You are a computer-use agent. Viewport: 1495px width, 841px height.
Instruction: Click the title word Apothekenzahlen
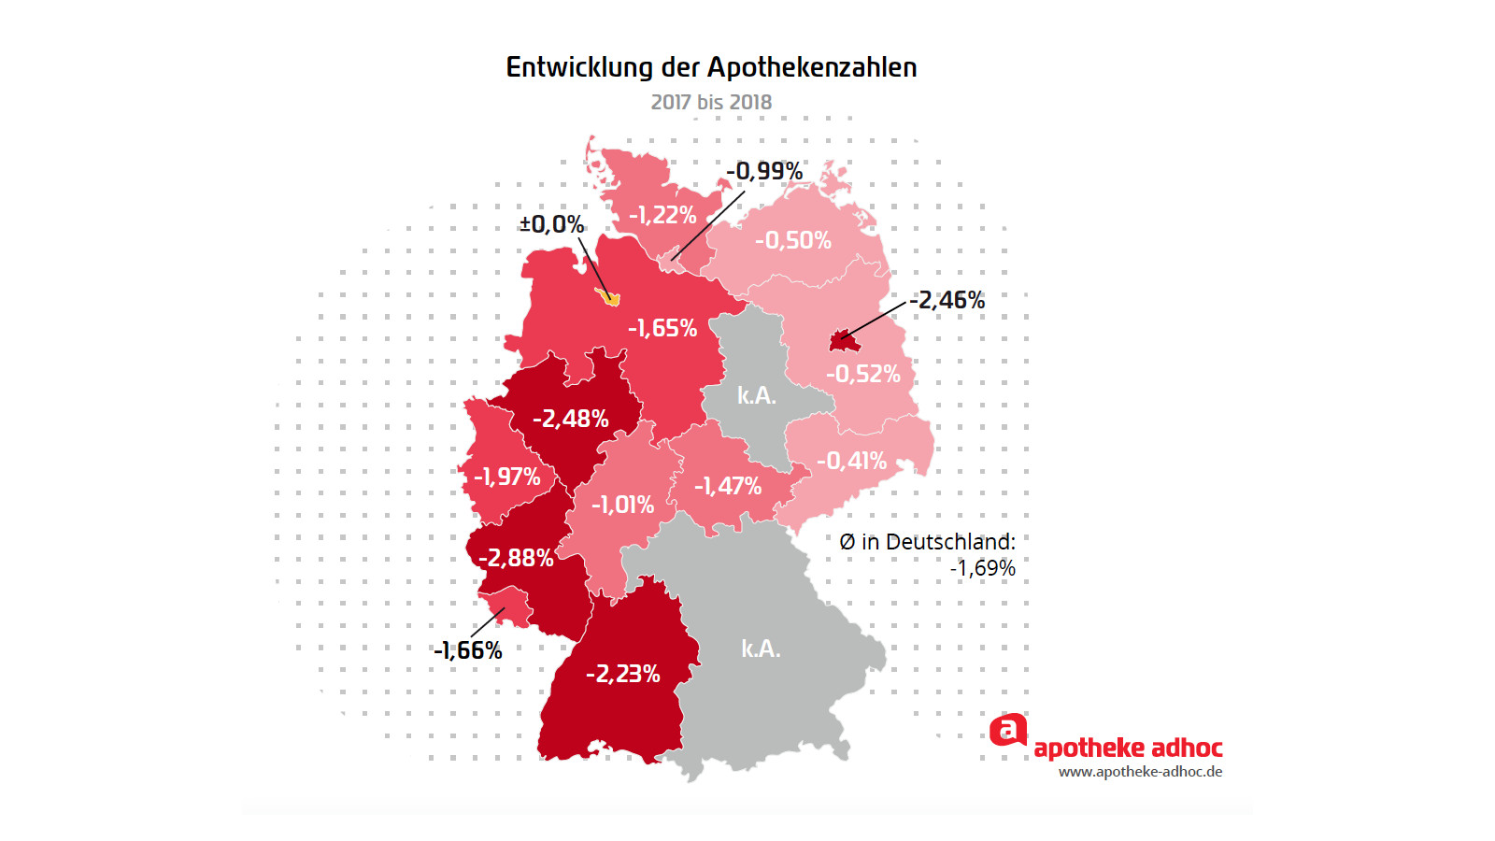click(x=811, y=67)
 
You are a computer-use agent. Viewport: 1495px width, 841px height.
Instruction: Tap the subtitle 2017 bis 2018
click(x=711, y=102)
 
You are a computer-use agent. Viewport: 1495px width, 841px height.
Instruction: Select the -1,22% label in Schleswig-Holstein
click(x=662, y=215)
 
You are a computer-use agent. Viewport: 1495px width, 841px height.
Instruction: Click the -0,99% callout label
click(x=764, y=171)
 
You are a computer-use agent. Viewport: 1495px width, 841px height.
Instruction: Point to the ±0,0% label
click(x=551, y=224)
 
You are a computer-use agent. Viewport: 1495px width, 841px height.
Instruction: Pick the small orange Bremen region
click(x=610, y=298)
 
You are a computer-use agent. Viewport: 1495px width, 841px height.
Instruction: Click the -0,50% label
click(x=792, y=240)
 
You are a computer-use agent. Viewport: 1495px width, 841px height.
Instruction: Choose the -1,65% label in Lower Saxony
click(x=662, y=328)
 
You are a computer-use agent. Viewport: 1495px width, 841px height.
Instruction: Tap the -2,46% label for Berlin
click(x=947, y=300)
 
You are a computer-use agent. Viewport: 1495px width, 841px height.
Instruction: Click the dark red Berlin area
click(x=844, y=341)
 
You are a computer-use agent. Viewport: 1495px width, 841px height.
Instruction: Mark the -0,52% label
click(x=862, y=374)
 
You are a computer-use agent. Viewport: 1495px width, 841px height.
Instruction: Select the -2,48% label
click(x=570, y=419)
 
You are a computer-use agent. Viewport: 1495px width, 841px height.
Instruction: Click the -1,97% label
click(x=506, y=477)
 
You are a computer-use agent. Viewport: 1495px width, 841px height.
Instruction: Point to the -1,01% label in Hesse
click(x=622, y=505)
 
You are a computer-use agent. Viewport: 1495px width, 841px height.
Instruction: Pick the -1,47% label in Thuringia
click(x=727, y=486)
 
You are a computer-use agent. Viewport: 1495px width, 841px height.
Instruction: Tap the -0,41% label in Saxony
click(x=851, y=461)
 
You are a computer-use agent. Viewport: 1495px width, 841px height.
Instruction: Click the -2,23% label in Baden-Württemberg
click(x=622, y=674)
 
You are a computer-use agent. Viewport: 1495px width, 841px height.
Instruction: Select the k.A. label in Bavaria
click(x=761, y=649)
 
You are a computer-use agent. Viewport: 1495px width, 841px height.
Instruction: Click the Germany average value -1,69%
click(x=982, y=568)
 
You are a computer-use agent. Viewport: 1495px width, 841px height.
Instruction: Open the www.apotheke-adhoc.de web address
click(x=1140, y=772)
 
